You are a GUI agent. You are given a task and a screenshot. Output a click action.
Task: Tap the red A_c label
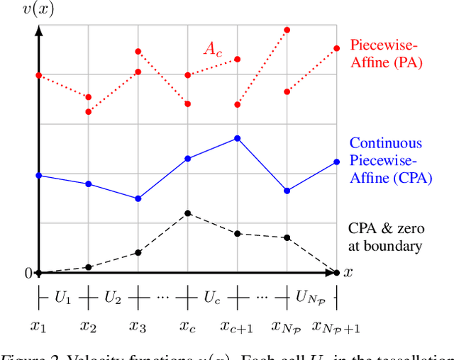213,48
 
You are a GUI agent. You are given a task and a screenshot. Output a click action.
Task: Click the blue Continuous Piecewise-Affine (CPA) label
390,161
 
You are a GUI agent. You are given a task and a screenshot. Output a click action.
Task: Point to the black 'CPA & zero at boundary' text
386,237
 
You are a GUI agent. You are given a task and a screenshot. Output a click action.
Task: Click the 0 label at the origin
28,274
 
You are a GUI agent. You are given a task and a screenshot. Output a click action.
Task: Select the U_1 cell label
63,298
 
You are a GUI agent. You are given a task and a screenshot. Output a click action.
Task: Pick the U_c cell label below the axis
212,298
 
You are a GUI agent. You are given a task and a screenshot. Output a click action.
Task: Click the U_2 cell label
113,298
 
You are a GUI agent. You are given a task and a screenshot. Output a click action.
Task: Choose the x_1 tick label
38,327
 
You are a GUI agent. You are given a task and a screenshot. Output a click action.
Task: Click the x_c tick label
188,327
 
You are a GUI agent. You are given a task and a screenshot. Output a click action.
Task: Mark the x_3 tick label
138,327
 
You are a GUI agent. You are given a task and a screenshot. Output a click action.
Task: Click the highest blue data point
237,139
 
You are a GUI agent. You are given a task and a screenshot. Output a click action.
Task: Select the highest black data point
187,213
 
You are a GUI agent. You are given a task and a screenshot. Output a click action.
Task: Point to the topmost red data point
287,30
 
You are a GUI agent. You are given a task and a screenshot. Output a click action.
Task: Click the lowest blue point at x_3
138,198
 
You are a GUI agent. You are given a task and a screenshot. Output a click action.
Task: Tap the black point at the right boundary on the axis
336,273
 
